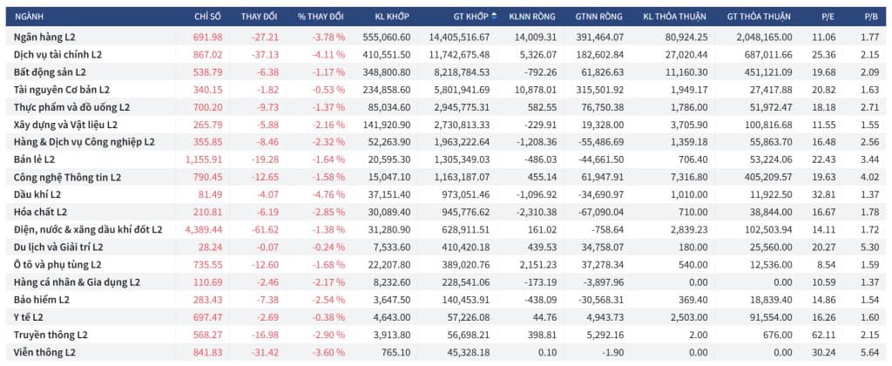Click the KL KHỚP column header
point(392,16)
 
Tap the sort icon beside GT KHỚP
point(494,16)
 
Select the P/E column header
point(828,16)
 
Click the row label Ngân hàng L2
point(45,37)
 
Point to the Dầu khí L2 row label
point(37,194)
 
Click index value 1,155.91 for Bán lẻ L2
point(204,160)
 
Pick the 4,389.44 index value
point(204,230)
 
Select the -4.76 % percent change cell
point(328,194)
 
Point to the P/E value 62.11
point(825,335)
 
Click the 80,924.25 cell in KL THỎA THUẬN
point(687,37)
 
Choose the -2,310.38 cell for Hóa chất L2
point(536,213)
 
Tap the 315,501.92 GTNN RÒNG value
point(603,90)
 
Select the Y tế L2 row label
point(29,317)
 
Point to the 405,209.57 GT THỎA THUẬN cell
point(769,177)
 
